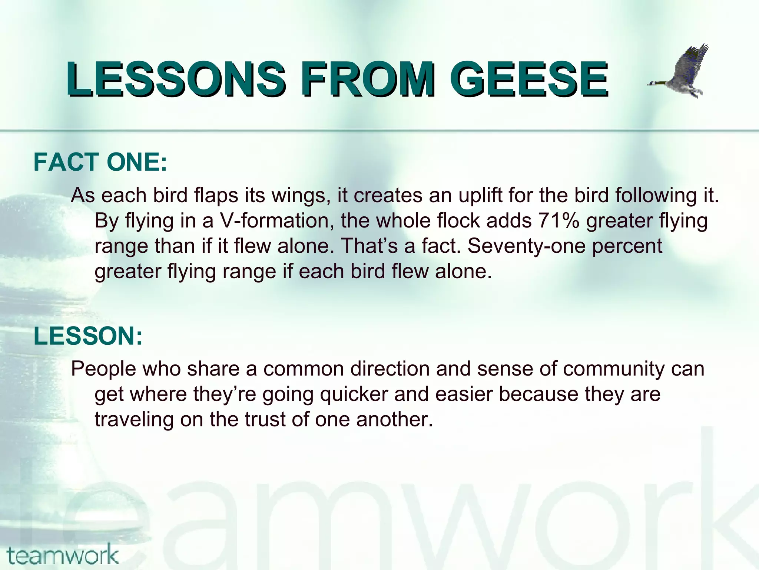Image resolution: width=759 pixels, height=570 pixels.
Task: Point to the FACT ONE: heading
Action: [100, 162]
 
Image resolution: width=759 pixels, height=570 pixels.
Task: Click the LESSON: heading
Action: [88, 336]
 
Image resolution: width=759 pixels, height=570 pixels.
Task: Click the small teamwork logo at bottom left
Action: [62, 555]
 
